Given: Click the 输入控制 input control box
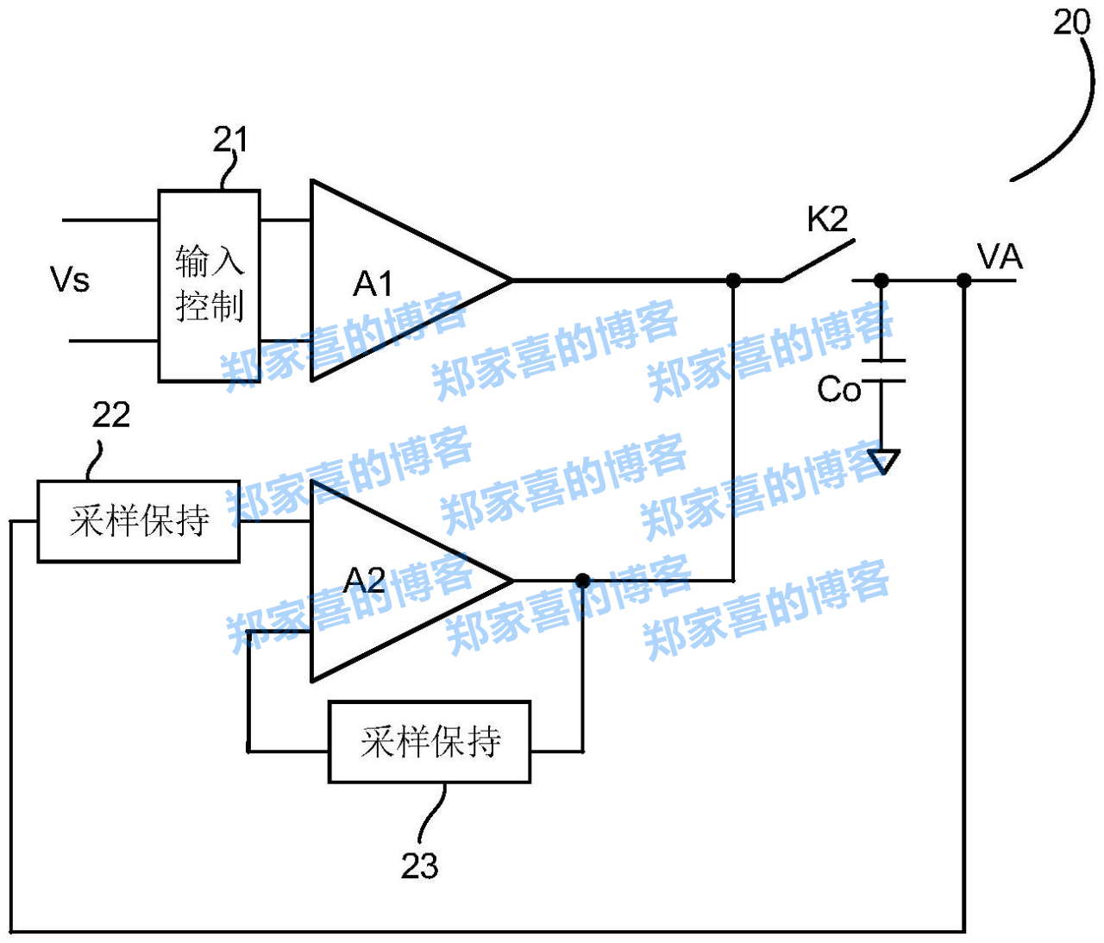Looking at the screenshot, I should pos(209,286).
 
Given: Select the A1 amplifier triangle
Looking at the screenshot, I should pos(388,281).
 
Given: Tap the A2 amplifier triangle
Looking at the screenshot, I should pos(388,581).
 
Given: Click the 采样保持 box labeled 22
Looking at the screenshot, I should pos(138,521).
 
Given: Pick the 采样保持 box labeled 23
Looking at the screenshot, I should pos(430,742).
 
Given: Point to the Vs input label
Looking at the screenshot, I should pos(70,280).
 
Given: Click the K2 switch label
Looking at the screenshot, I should pos(827,220).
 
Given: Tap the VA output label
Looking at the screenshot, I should pos(999,257).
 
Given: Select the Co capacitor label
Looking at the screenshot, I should pos(838,390).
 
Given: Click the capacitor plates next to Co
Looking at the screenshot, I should pos(881,370).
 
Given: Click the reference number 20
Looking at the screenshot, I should pos(1071,22).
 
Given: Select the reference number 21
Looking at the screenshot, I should pos(230,140).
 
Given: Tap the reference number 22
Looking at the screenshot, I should pos(111,416).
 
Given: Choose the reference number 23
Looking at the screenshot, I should pos(419,865).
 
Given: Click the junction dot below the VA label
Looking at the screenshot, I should pos(964,280).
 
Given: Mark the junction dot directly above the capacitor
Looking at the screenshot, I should pos(881,280).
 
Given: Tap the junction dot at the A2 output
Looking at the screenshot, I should pos(583,581).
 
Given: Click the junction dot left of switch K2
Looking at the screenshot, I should pos(733,280).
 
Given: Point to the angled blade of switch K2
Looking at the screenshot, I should pos(818,260).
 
